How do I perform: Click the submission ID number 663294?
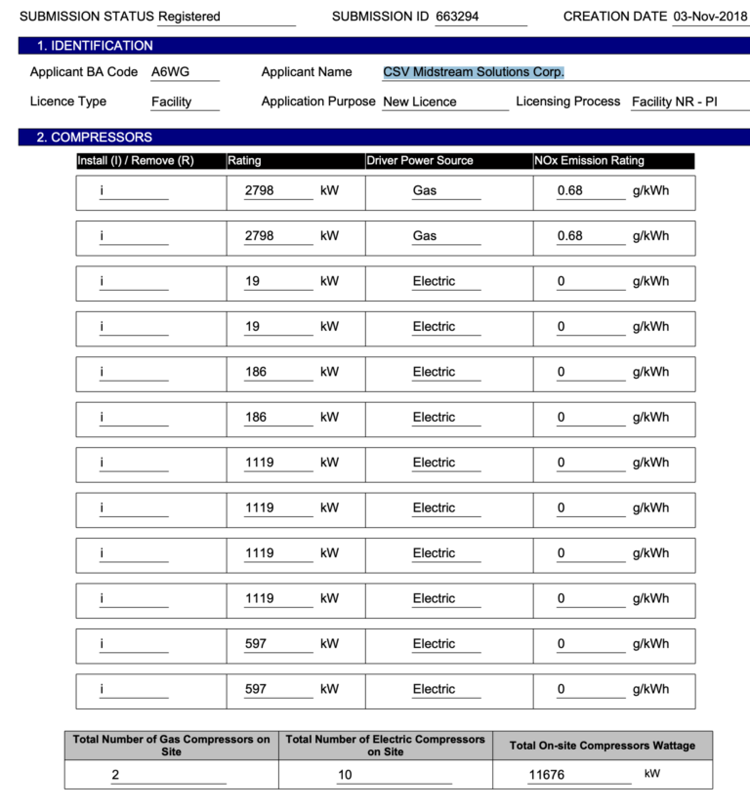click(x=457, y=17)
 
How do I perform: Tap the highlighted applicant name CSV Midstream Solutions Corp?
click(x=474, y=72)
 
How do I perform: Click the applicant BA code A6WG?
click(x=171, y=72)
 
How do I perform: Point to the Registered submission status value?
click(x=189, y=17)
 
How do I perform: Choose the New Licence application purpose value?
click(x=419, y=101)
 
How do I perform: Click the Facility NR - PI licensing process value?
click(x=674, y=101)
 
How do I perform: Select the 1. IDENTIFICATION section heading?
click(x=95, y=46)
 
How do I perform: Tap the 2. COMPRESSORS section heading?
click(x=95, y=138)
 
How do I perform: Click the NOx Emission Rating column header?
click(x=590, y=161)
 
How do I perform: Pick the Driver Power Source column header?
click(x=420, y=161)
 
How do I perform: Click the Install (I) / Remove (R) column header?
click(x=136, y=161)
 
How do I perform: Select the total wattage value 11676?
click(x=547, y=775)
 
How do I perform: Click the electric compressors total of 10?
click(x=345, y=776)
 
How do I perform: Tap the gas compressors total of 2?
click(x=115, y=776)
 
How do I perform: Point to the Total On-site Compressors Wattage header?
click(x=602, y=746)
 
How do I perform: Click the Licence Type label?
click(x=68, y=101)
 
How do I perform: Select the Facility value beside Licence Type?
click(x=171, y=101)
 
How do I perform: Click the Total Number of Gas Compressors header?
click(x=171, y=746)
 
